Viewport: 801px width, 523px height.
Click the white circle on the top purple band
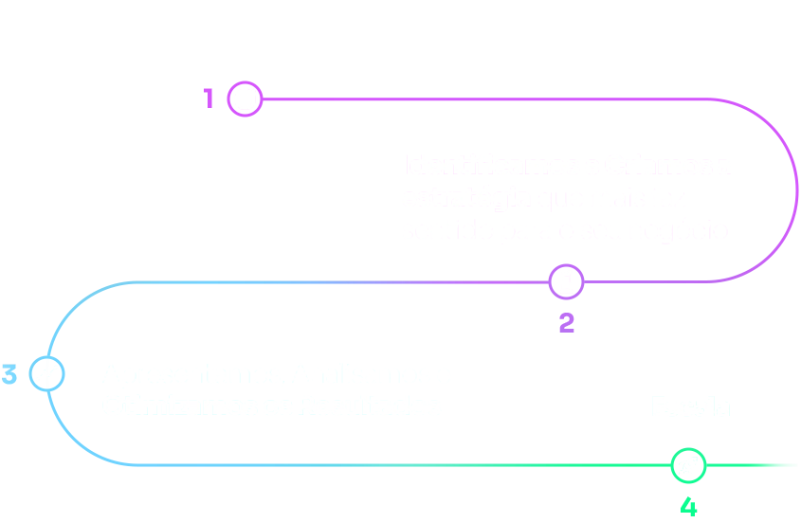point(245,99)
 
